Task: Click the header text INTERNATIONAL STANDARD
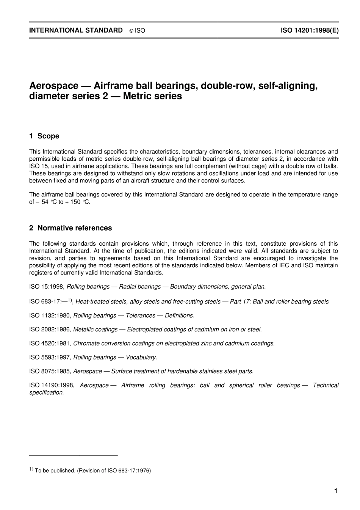pos(76,30)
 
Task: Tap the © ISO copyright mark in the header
pos(137,31)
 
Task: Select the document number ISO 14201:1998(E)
pos(309,30)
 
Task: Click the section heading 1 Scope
pos(44,136)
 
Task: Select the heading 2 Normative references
pos(70,228)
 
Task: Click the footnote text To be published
pos(55,471)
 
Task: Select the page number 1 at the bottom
pos(335,491)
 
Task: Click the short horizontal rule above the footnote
pos(74,455)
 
